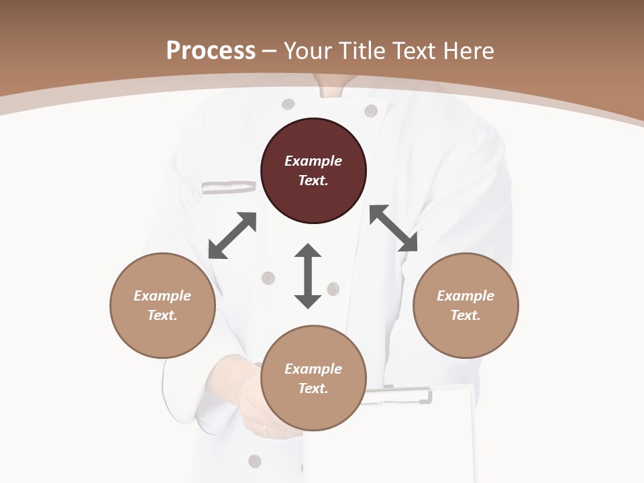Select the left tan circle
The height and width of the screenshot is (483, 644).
coord(162,305)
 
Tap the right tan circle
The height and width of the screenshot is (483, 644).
coord(466,305)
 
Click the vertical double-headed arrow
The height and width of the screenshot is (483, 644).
coord(308,276)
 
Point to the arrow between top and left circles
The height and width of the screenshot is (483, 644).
coord(232,235)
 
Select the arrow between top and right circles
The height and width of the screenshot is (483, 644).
coord(393,228)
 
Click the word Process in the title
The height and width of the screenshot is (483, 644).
coord(211,50)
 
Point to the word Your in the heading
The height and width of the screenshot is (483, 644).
coord(308,50)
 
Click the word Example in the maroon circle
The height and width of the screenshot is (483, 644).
coord(313,161)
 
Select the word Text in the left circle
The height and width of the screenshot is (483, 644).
coord(162,315)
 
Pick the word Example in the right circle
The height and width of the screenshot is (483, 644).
coord(466,296)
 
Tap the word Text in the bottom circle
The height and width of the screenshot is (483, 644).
coord(313,388)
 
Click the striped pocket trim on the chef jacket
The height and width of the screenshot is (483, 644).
coord(229,187)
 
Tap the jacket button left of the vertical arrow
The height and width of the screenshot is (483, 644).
coord(268,278)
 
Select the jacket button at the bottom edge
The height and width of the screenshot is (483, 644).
coord(254,461)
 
